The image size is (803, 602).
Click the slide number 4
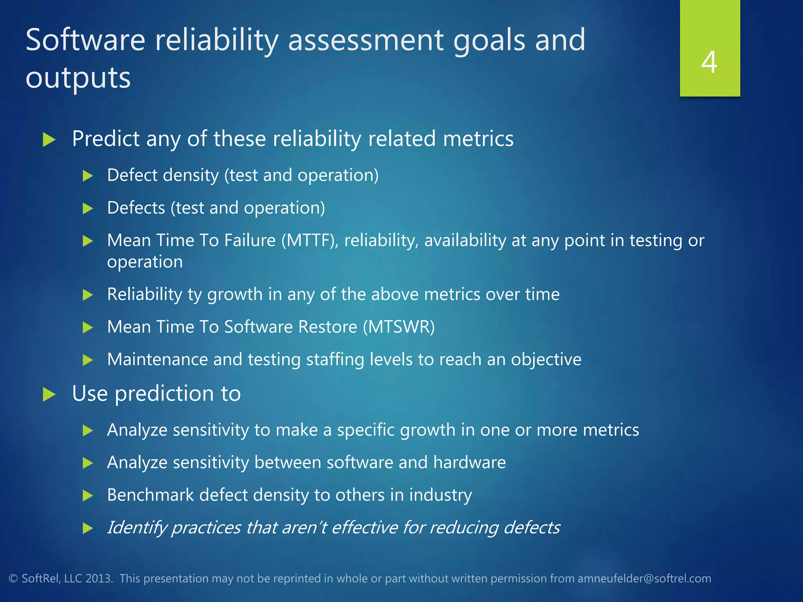709,62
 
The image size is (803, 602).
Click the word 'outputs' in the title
78,78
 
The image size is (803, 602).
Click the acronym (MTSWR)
399,327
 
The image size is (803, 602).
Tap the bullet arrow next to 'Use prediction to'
49,394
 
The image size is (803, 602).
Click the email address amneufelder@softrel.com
644,578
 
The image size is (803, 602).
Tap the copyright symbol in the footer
13,578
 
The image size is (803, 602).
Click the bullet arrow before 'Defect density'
88,176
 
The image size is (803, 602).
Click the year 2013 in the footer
99,578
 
